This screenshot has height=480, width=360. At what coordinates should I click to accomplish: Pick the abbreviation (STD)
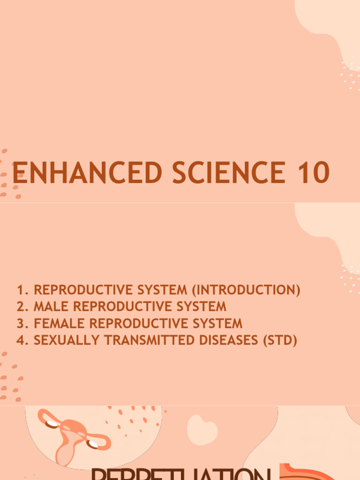(x=280, y=340)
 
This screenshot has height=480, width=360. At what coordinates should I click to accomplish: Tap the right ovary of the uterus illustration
(x=94, y=443)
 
